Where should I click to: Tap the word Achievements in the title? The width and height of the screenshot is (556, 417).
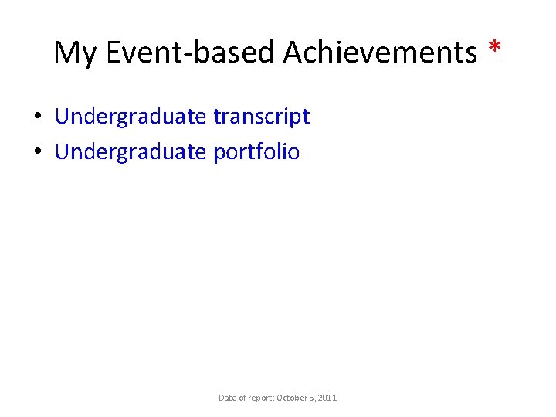click(380, 53)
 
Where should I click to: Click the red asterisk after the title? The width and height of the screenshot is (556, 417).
click(494, 50)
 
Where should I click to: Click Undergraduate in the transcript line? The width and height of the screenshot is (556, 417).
click(131, 117)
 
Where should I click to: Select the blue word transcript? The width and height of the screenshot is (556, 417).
click(261, 117)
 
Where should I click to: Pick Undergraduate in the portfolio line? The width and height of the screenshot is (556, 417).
click(131, 152)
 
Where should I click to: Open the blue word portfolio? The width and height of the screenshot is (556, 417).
click(256, 152)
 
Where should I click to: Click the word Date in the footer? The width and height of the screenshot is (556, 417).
click(227, 398)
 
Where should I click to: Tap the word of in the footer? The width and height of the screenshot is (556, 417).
click(242, 398)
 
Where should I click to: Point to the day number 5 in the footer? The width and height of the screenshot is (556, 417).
click(313, 398)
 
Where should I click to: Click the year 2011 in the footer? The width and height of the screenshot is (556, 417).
click(327, 398)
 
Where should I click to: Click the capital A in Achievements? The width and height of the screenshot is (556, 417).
click(294, 53)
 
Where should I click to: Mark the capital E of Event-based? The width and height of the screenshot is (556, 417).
click(114, 53)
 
